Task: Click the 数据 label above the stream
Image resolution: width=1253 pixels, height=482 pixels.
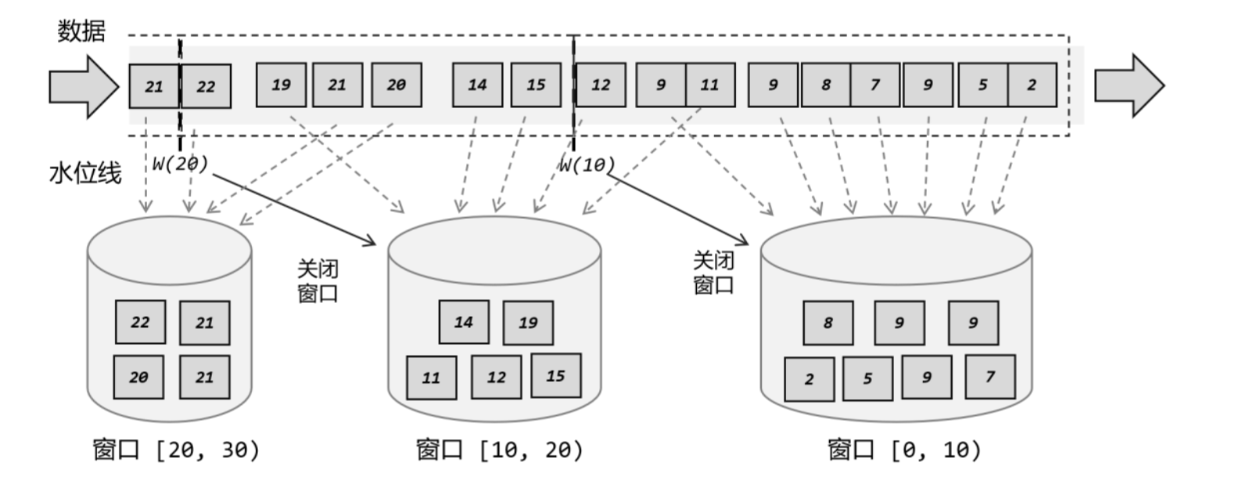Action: (x=81, y=31)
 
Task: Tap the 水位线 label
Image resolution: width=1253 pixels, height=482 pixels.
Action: (x=85, y=173)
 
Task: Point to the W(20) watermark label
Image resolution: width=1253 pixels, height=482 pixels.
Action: (x=180, y=164)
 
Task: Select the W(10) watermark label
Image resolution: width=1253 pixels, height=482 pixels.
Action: (x=587, y=165)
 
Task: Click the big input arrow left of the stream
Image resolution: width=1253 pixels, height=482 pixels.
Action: (x=83, y=86)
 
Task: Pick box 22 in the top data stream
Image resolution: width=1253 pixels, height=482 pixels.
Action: (x=206, y=86)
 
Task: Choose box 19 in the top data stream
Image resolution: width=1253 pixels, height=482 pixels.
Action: (x=281, y=85)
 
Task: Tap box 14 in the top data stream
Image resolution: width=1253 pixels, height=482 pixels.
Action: (x=477, y=85)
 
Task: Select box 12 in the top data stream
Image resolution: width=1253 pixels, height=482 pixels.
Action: (x=601, y=85)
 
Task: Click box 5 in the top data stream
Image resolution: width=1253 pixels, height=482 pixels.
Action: (x=982, y=85)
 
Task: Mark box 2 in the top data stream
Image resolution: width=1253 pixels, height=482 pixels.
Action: (x=1032, y=85)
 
